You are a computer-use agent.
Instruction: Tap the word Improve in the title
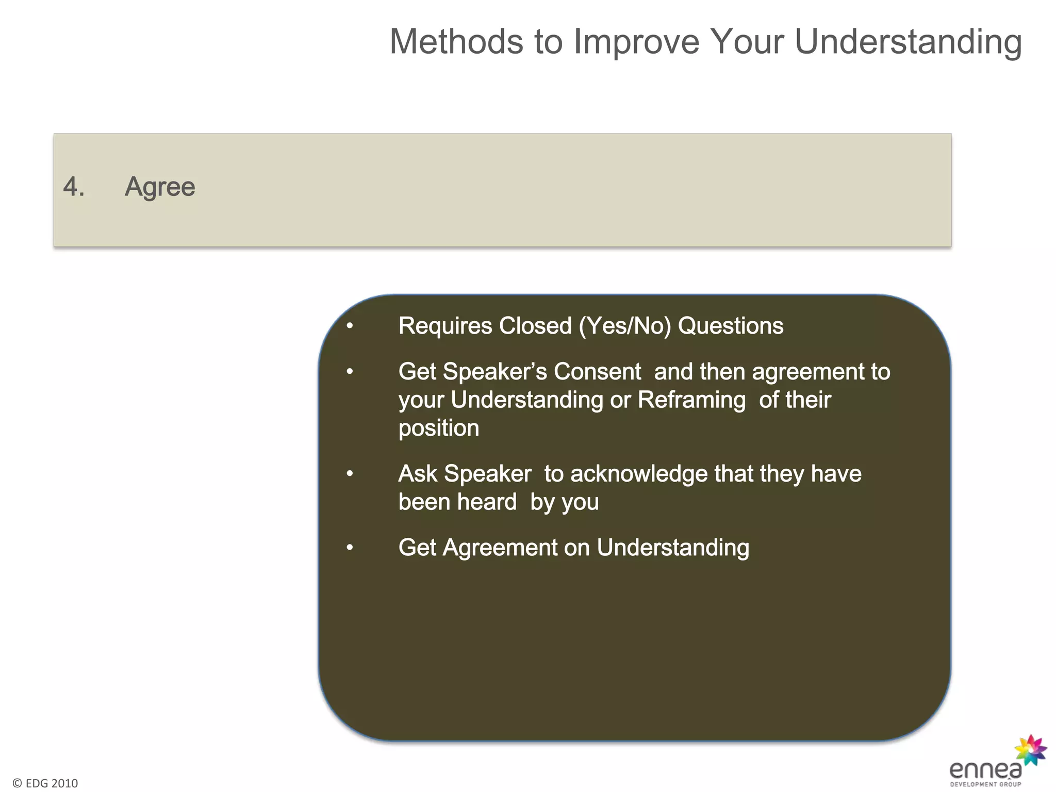(x=636, y=41)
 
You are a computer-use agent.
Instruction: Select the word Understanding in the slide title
(x=908, y=42)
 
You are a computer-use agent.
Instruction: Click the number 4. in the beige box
(x=73, y=187)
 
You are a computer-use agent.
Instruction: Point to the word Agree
(x=160, y=187)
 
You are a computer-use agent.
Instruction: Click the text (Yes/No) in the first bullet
(x=624, y=326)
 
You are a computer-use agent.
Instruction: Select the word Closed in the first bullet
(x=535, y=326)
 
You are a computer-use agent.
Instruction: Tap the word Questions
(x=730, y=326)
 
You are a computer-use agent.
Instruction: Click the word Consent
(x=597, y=372)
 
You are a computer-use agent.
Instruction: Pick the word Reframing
(x=691, y=400)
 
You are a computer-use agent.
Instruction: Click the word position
(x=439, y=428)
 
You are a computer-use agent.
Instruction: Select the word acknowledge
(x=639, y=474)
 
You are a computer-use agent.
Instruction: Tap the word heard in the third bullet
(x=487, y=502)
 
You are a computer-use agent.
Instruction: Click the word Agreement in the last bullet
(x=500, y=548)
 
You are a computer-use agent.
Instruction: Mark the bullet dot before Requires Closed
(x=350, y=326)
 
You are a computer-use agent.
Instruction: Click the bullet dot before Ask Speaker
(x=350, y=474)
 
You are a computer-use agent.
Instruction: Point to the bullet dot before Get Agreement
(x=350, y=548)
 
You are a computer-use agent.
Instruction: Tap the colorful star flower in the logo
(x=1030, y=750)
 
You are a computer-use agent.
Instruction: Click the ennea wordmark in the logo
(x=985, y=770)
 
